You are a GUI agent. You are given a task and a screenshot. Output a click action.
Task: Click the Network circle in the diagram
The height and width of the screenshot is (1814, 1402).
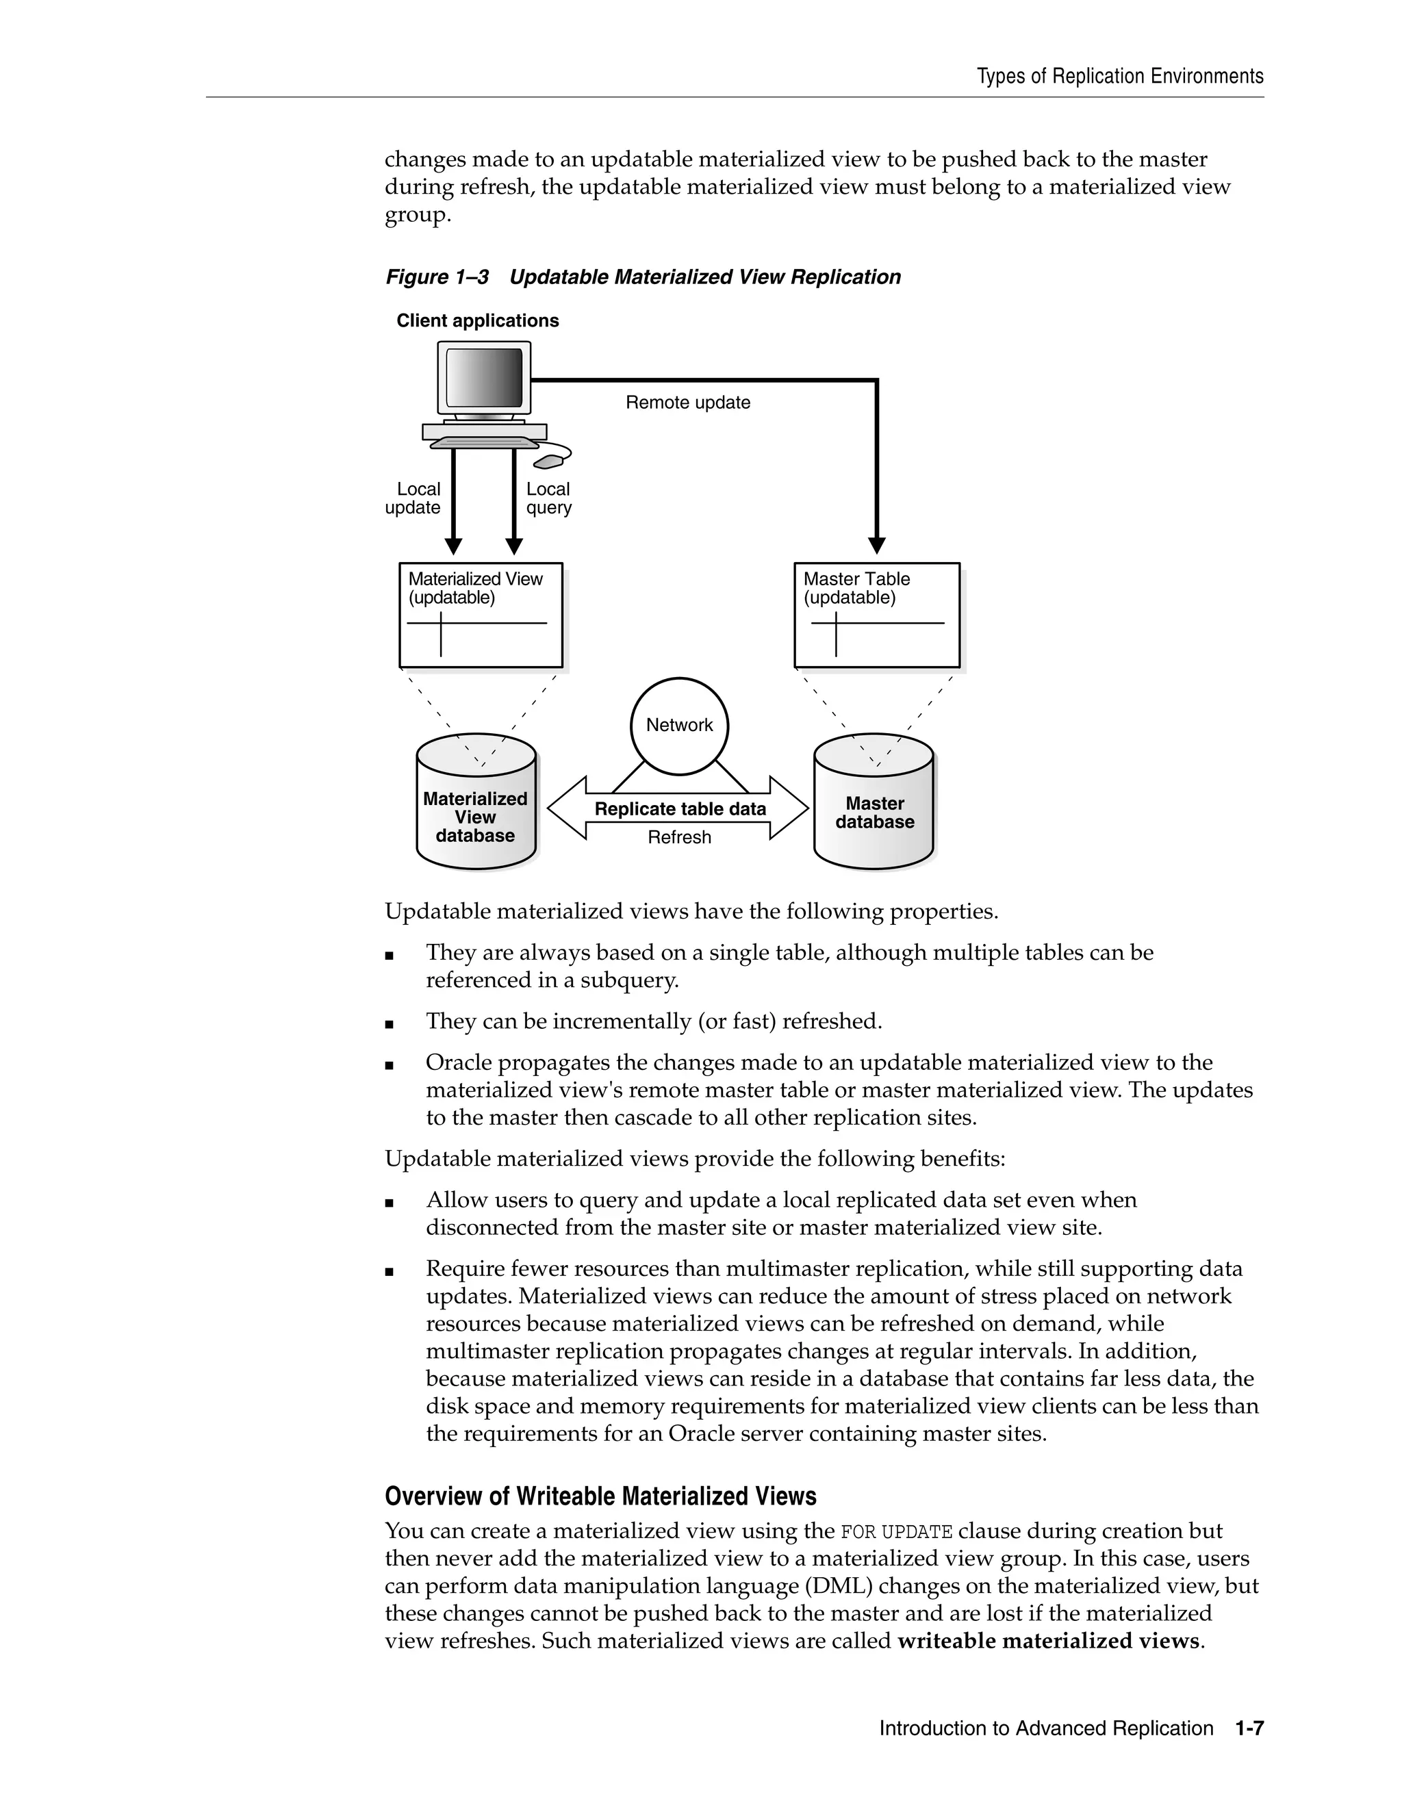(x=678, y=726)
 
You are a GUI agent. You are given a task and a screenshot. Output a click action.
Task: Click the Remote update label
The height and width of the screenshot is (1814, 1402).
(x=688, y=403)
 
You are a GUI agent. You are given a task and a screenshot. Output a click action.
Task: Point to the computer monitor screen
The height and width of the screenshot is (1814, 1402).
(x=484, y=378)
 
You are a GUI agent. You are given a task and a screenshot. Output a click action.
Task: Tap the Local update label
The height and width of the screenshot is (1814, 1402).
(x=413, y=498)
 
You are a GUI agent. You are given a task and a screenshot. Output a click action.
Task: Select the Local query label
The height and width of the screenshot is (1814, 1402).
(x=548, y=498)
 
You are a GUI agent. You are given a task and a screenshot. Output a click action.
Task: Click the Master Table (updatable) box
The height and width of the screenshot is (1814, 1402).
(x=876, y=615)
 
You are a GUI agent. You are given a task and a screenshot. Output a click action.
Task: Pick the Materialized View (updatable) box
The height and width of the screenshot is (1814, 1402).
(x=481, y=615)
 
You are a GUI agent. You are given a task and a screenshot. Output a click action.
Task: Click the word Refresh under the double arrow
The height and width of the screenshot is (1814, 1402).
(x=679, y=837)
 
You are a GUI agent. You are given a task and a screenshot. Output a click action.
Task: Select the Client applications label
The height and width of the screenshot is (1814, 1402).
(x=478, y=320)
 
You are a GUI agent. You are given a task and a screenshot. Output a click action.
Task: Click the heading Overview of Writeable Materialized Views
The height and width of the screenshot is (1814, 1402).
(x=600, y=1496)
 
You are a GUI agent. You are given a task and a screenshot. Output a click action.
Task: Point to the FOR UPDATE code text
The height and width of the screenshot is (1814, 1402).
(x=896, y=1531)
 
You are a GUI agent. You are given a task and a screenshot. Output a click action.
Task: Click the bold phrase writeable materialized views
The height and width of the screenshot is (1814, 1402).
(x=1048, y=1641)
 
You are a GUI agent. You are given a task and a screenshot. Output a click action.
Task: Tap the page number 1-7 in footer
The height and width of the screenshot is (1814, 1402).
(x=1249, y=1728)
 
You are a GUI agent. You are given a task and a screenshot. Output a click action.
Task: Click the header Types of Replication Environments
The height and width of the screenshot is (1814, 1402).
(x=1119, y=77)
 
